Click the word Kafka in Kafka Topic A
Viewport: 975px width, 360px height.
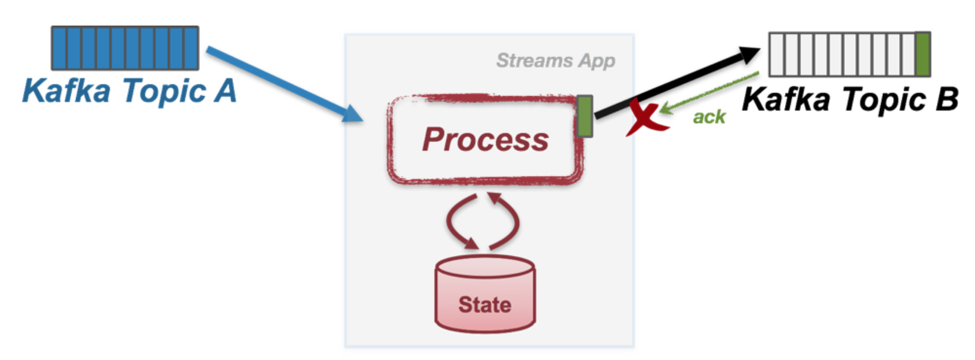click(67, 91)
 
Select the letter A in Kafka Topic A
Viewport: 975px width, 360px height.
click(225, 91)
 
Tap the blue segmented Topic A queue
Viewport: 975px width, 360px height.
click(125, 48)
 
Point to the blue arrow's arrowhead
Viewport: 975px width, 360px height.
click(354, 113)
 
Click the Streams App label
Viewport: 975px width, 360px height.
click(555, 61)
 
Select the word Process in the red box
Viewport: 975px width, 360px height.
click(485, 140)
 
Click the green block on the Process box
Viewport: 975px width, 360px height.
click(584, 116)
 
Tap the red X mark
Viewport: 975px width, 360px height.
click(645, 118)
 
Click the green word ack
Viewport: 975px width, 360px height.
click(709, 117)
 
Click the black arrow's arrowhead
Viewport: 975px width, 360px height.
click(749, 55)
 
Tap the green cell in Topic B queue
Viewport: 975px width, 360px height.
click(922, 55)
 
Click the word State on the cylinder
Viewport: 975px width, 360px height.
click(485, 305)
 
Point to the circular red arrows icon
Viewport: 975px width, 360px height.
click(483, 222)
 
